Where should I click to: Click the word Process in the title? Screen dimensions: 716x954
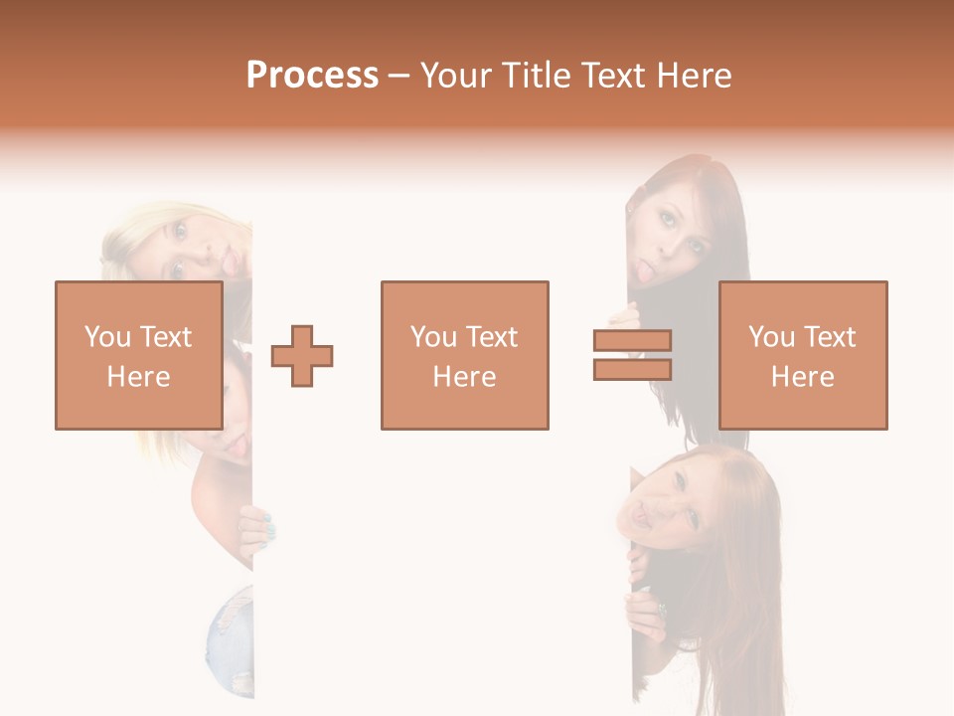(312, 76)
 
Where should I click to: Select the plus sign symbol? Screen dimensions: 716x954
(302, 356)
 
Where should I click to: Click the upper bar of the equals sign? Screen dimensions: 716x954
(632, 341)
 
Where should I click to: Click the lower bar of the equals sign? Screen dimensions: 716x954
(632, 370)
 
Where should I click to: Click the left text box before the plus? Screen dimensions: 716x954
(138, 355)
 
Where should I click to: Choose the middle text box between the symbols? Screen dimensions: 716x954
(464, 355)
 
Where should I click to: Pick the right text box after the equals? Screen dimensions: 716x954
(802, 355)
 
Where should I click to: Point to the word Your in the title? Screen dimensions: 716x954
(450, 76)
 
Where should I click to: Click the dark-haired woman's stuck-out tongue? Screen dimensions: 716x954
(643, 270)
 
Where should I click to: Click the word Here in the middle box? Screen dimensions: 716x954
(464, 377)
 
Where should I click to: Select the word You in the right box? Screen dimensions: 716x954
(770, 337)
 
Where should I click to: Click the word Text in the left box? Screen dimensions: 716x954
(165, 337)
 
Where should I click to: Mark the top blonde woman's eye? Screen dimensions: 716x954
(179, 231)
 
